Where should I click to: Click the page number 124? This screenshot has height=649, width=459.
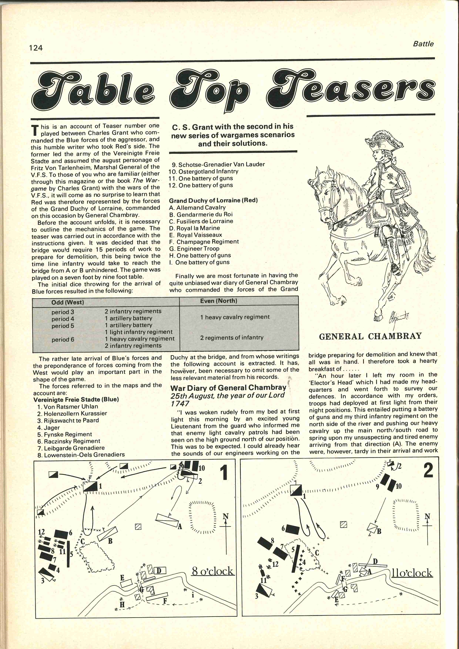pyautogui.click(x=36, y=48)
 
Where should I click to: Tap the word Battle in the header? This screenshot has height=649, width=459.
pyautogui.click(x=423, y=44)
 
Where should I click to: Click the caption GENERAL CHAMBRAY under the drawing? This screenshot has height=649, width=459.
pyautogui.click(x=370, y=336)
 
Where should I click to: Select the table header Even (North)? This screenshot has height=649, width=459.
pyautogui.click(x=219, y=301)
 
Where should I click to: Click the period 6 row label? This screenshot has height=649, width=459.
pyautogui.click(x=63, y=339)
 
